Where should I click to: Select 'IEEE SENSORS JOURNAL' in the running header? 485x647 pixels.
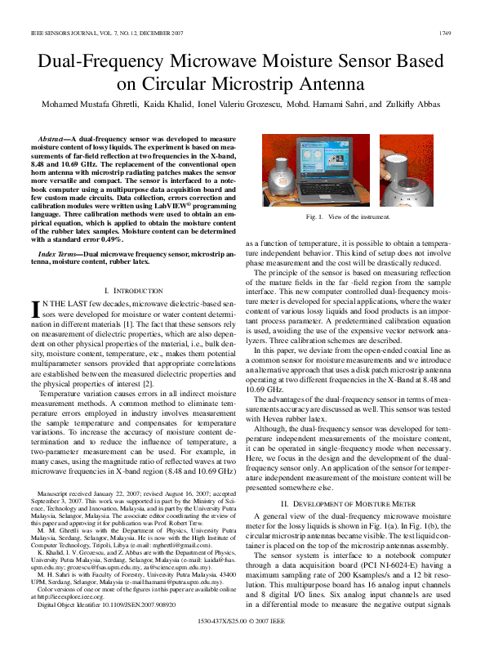[x=59, y=33]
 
